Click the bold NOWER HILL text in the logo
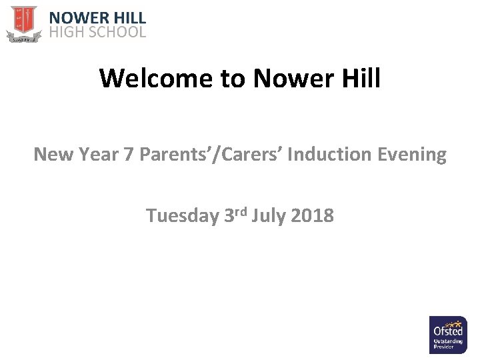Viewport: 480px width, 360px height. point(98,18)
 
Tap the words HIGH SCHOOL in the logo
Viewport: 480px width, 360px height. point(98,32)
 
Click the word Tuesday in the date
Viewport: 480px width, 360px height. point(182,216)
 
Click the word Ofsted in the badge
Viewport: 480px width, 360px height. point(448,331)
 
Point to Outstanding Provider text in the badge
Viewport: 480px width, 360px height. point(448,345)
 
